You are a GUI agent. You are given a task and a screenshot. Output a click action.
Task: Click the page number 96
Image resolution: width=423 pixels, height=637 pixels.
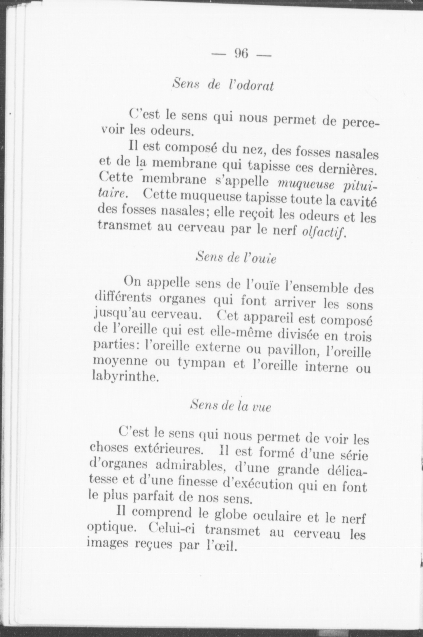(x=241, y=53)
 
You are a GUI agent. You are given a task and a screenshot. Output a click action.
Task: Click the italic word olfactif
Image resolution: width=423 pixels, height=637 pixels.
(x=323, y=232)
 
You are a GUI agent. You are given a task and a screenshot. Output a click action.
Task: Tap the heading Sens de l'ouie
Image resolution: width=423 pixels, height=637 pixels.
(x=235, y=259)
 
